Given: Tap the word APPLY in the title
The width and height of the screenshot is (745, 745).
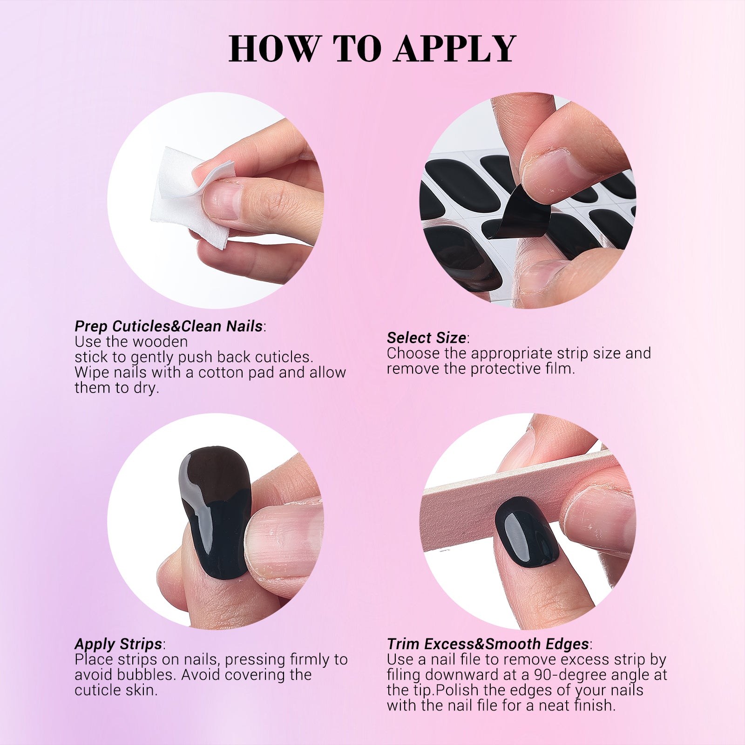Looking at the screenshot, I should coord(455,48).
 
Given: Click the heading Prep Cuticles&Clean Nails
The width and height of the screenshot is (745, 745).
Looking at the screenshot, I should coord(169,326).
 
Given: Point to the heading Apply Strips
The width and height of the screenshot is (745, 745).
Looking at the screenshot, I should coord(118,644).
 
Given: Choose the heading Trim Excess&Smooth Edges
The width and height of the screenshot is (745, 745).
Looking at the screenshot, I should coord(488,644).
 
